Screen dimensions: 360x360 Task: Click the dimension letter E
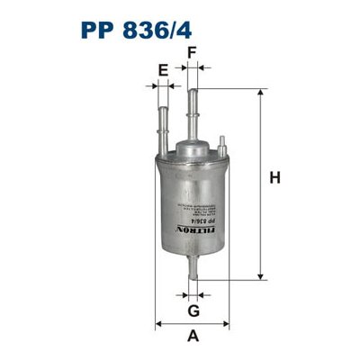click(163, 70)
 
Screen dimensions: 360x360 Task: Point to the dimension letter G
click(192, 311)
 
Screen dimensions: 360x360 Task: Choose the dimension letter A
click(192, 337)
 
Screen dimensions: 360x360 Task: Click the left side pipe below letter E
click(163, 126)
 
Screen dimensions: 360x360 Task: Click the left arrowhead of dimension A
click(158, 322)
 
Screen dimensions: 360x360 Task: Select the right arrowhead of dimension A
click(224, 322)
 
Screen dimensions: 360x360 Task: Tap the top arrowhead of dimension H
click(260, 94)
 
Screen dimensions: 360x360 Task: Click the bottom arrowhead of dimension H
click(260, 274)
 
